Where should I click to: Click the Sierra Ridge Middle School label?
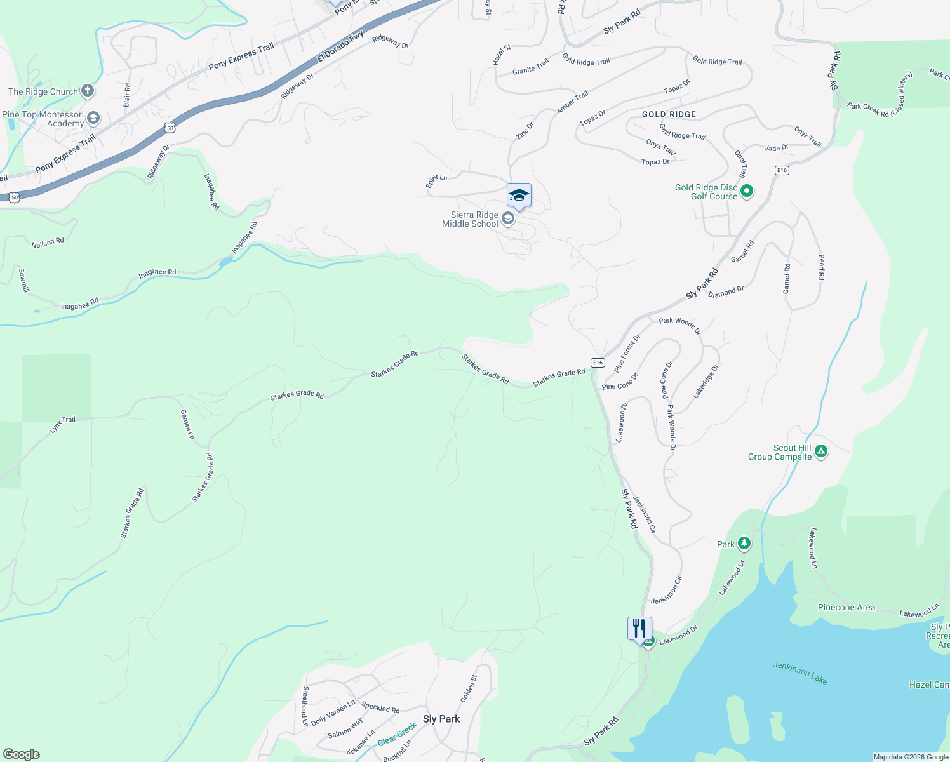[x=470, y=220]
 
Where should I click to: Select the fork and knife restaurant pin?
[x=639, y=629]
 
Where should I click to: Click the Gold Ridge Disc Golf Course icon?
[x=747, y=190]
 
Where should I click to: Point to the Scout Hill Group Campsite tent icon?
[x=820, y=451]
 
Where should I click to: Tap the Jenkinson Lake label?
[x=799, y=673]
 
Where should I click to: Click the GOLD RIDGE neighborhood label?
[x=669, y=114]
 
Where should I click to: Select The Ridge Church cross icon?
[x=88, y=91]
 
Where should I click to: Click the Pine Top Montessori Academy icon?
[x=93, y=117]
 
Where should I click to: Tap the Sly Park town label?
[x=441, y=719]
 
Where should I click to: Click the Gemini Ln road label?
[x=187, y=424]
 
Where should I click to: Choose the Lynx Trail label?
[x=62, y=424]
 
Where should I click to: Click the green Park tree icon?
[x=744, y=544]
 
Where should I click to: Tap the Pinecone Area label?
[x=846, y=608]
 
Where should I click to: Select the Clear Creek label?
[x=397, y=733]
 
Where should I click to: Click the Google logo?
[x=21, y=754]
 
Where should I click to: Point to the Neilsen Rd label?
[x=48, y=242]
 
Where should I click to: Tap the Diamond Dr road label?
[x=726, y=292]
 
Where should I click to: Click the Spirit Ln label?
[x=436, y=180]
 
